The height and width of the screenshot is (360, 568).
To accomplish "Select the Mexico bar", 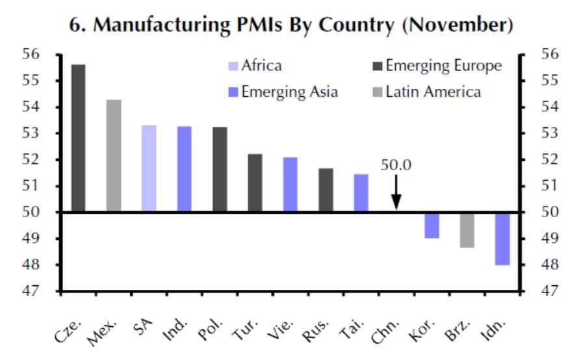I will [x=113, y=156].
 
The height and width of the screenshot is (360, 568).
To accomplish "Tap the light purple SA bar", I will [x=149, y=168].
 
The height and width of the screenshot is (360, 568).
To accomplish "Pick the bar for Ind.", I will [x=184, y=169].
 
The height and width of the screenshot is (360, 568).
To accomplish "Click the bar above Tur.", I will [x=255, y=183].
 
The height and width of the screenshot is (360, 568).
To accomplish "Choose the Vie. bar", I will [x=290, y=185].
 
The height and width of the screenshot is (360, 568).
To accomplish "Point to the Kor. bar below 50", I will [x=432, y=225].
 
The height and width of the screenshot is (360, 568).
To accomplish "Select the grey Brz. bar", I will [x=467, y=230].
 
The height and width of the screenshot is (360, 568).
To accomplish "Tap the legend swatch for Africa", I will [x=233, y=66].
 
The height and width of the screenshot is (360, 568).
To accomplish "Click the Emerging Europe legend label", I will [x=443, y=66].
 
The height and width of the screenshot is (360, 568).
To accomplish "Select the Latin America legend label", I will [x=433, y=92].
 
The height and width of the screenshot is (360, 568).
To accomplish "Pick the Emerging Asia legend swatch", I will [x=233, y=92].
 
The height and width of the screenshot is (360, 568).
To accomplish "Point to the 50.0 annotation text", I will [x=396, y=165].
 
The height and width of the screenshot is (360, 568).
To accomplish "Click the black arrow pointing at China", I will [x=396, y=195].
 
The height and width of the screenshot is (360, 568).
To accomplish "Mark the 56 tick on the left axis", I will [x=48, y=55].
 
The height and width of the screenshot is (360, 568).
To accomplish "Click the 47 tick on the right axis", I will [x=532, y=291].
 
